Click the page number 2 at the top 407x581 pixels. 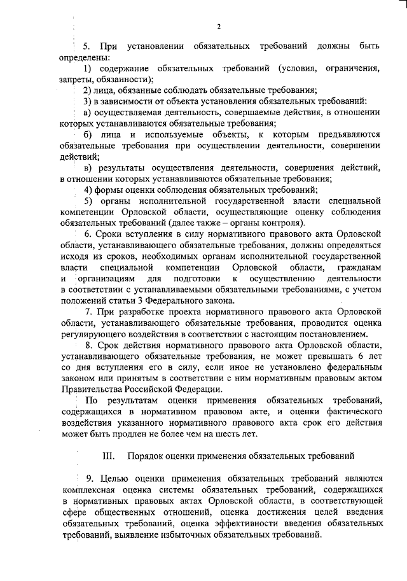point(218,27)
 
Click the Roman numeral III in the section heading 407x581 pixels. point(108,457)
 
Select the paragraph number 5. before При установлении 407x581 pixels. point(88,47)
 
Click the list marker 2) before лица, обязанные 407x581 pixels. point(88,90)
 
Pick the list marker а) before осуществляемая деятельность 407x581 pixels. point(88,112)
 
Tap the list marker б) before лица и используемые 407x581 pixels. point(88,134)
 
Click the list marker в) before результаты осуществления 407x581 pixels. point(88,167)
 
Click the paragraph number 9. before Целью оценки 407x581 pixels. point(89,479)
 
